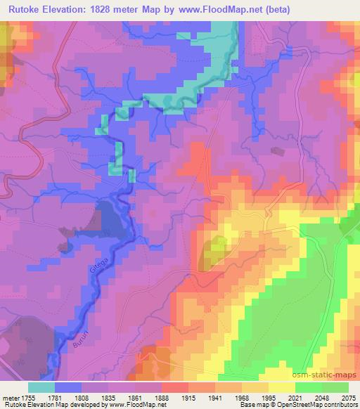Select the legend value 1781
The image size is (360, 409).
[68, 398]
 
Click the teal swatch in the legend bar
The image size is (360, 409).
[41, 387]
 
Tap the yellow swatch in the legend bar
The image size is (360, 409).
[281, 387]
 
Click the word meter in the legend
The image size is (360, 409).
[11, 398]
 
